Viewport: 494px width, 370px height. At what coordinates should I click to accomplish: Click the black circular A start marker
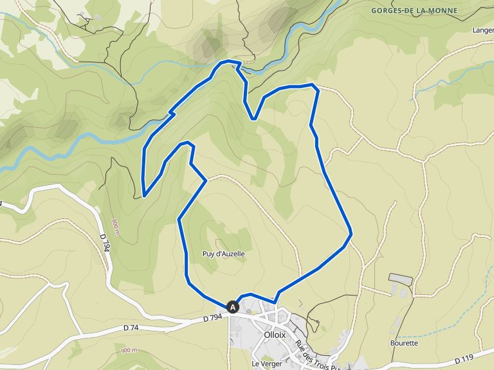point(233,307)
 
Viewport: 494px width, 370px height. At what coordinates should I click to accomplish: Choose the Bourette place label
point(404,343)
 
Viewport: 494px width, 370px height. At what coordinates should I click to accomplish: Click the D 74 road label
point(131,328)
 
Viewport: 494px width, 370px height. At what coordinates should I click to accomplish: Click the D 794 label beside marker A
point(212,317)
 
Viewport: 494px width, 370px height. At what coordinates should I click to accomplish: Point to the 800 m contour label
point(114,227)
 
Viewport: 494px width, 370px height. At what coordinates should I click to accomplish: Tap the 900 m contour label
point(129,350)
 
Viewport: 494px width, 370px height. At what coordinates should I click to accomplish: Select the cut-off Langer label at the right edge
point(482,30)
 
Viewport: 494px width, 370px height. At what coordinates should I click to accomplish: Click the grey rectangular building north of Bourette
point(401,279)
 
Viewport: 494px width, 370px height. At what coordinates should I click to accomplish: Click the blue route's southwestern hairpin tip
point(144,195)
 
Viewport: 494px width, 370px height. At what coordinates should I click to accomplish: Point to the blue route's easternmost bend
point(351,234)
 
